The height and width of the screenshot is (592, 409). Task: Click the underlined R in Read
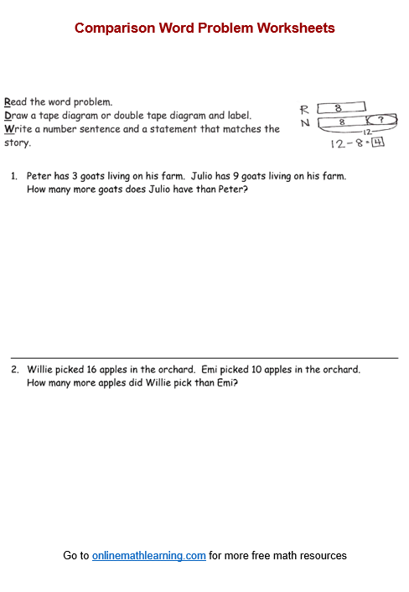click(x=8, y=102)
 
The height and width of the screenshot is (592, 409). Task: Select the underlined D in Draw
click(x=8, y=116)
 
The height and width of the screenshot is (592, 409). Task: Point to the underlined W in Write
click(x=9, y=129)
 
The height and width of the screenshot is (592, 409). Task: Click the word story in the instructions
click(x=17, y=143)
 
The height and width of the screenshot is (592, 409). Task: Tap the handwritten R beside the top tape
click(x=304, y=110)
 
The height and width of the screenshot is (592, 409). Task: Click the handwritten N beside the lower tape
click(x=305, y=123)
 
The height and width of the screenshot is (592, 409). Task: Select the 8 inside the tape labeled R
click(x=338, y=108)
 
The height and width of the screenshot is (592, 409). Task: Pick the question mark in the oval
click(x=381, y=120)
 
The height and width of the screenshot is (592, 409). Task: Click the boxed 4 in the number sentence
click(x=378, y=143)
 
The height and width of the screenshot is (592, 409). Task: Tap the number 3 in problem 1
click(x=75, y=176)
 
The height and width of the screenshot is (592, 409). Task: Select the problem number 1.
click(x=14, y=176)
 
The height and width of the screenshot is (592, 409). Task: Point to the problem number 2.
click(x=15, y=369)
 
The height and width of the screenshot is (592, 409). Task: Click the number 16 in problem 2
click(x=91, y=369)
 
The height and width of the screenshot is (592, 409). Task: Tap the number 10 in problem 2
click(x=256, y=369)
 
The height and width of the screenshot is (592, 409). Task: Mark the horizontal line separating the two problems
click(x=204, y=357)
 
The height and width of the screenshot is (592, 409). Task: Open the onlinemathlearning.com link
click(x=149, y=556)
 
